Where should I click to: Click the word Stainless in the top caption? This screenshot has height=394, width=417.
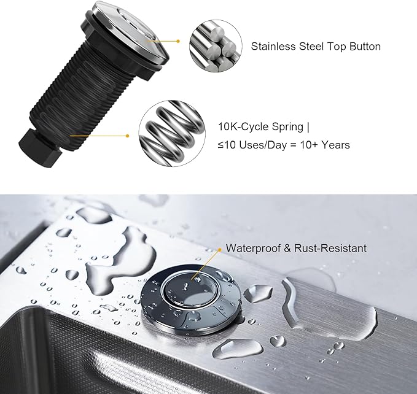click(x=270, y=47)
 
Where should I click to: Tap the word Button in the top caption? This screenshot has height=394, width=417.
click(x=364, y=47)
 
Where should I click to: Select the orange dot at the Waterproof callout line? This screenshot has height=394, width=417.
click(x=220, y=249)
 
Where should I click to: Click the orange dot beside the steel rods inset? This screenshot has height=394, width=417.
click(x=179, y=42)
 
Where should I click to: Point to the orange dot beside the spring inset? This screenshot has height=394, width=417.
click(x=128, y=136)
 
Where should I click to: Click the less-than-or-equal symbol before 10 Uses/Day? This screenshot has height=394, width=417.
click(x=222, y=146)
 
